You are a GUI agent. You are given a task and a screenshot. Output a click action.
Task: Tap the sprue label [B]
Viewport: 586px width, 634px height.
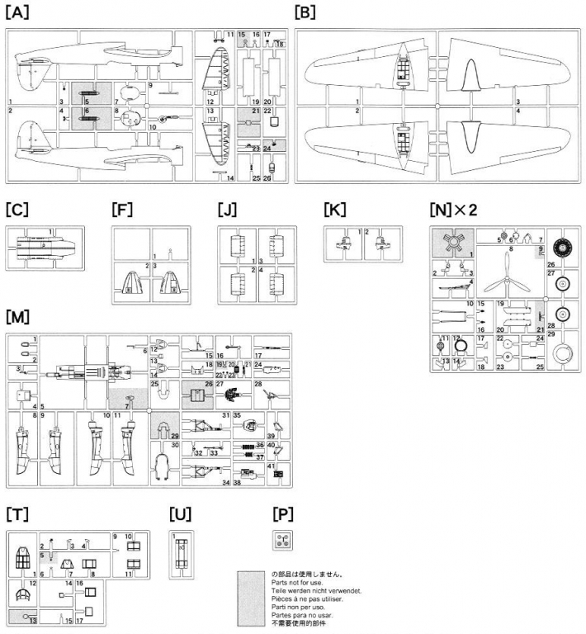pyautogui.click(x=305, y=12)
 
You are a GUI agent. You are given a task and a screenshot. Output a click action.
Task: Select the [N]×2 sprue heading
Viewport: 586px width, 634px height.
pyautogui.click(x=453, y=209)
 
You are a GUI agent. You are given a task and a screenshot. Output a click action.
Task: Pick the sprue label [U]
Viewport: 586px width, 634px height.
pyautogui.click(x=179, y=514)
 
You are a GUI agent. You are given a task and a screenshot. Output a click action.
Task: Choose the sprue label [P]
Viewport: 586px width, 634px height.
pyautogui.click(x=283, y=514)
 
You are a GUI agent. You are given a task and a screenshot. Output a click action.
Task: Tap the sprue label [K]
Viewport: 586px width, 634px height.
pyautogui.click(x=336, y=209)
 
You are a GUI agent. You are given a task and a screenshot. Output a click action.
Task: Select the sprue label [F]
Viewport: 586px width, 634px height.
pyautogui.click(x=121, y=209)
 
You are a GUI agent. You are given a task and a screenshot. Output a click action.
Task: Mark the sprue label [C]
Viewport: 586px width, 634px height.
pyautogui.click(x=16, y=209)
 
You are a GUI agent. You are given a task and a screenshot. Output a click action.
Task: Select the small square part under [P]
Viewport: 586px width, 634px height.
pyautogui.click(x=284, y=542)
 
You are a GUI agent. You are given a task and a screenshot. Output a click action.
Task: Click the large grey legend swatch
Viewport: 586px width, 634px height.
pyautogui.click(x=253, y=597)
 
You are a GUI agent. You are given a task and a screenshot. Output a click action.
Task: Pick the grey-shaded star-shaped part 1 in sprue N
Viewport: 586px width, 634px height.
pyautogui.click(x=452, y=245)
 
